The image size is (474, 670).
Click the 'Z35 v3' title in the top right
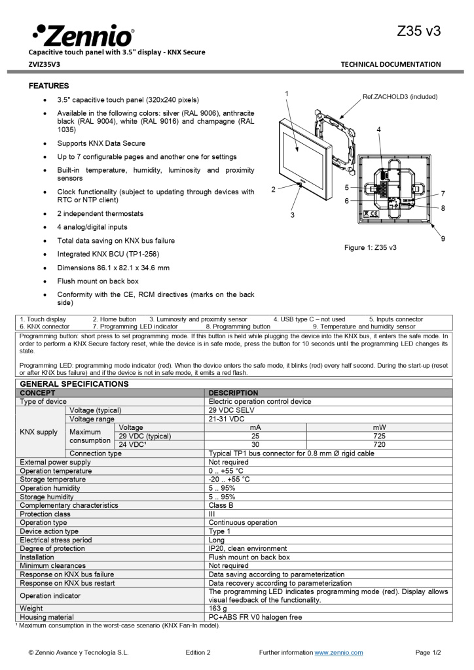point(418,31)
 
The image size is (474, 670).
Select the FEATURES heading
point(48,86)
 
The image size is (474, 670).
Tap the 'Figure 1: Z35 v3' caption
point(371,248)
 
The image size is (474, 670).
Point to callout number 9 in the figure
point(443,238)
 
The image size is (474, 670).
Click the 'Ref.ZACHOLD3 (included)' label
point(400,97)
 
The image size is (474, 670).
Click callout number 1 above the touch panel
point(287,94)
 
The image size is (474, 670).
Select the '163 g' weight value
point(217,608)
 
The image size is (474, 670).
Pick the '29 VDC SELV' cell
point(230,410)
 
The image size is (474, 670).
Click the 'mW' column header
point(379,427)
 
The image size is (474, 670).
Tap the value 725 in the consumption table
point(379,436)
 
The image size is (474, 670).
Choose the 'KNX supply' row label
point(39,432)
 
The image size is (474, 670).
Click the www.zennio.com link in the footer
point(338,652)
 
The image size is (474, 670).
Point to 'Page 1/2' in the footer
point(428,652)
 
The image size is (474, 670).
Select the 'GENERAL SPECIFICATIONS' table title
point(74,383)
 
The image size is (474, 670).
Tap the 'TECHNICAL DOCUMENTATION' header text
point(391,64)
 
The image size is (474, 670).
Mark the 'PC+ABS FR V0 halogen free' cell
point(255,617)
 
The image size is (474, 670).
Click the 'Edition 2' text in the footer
point(198,652)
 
